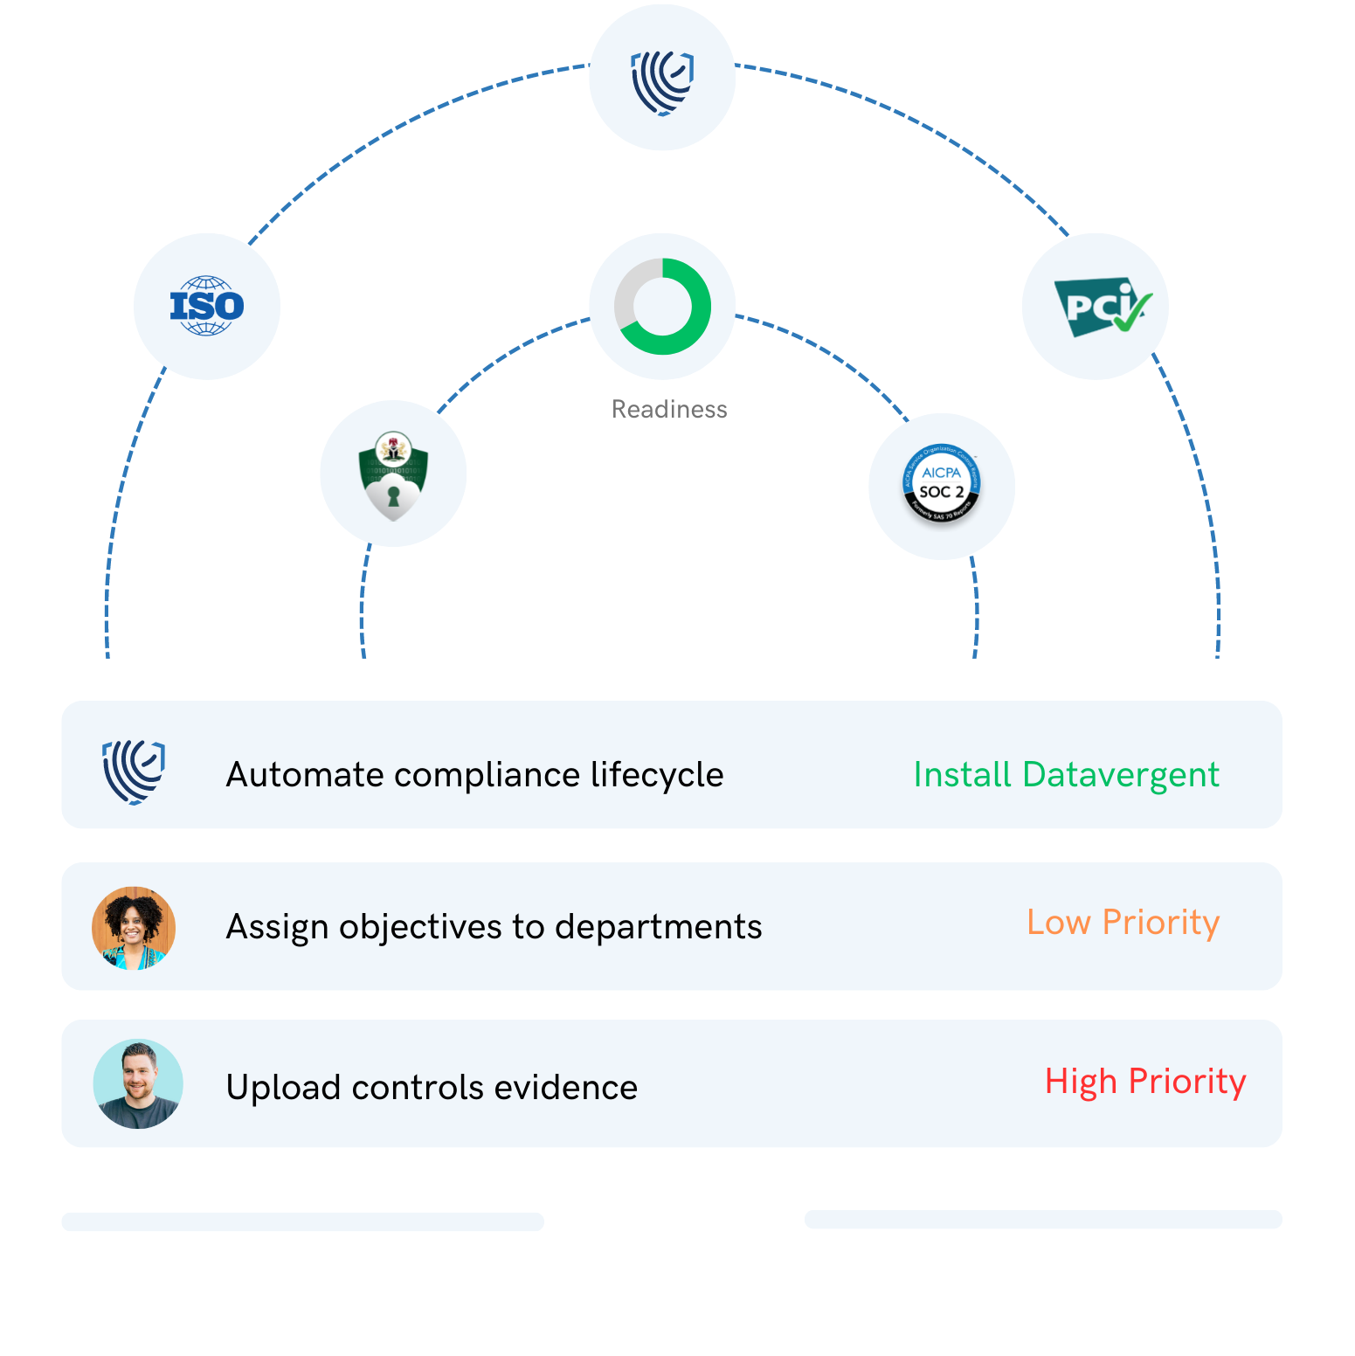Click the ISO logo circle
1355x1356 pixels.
tap(207, 306)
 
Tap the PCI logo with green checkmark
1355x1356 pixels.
tap(1096, 307)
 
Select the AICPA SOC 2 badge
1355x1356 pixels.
tap(942, 487)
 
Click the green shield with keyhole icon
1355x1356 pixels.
tap(393, 474)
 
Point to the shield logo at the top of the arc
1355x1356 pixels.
tap(662, 78)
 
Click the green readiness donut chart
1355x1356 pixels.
tap(662, 307)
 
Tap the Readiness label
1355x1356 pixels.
tap(669, 409)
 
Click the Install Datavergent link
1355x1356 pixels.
tap(1066, 774)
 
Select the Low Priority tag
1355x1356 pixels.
tap(1123, 923)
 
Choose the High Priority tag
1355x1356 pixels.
tap(1144, 1082)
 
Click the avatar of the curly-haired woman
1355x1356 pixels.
tap(134, 928)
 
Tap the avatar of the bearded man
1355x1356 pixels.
tap(138, 1083)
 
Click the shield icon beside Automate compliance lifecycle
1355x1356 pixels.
tap(134, 771)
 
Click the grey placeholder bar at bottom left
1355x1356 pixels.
tap(302, 1221)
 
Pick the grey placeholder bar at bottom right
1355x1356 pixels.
tap(1043, 1219)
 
